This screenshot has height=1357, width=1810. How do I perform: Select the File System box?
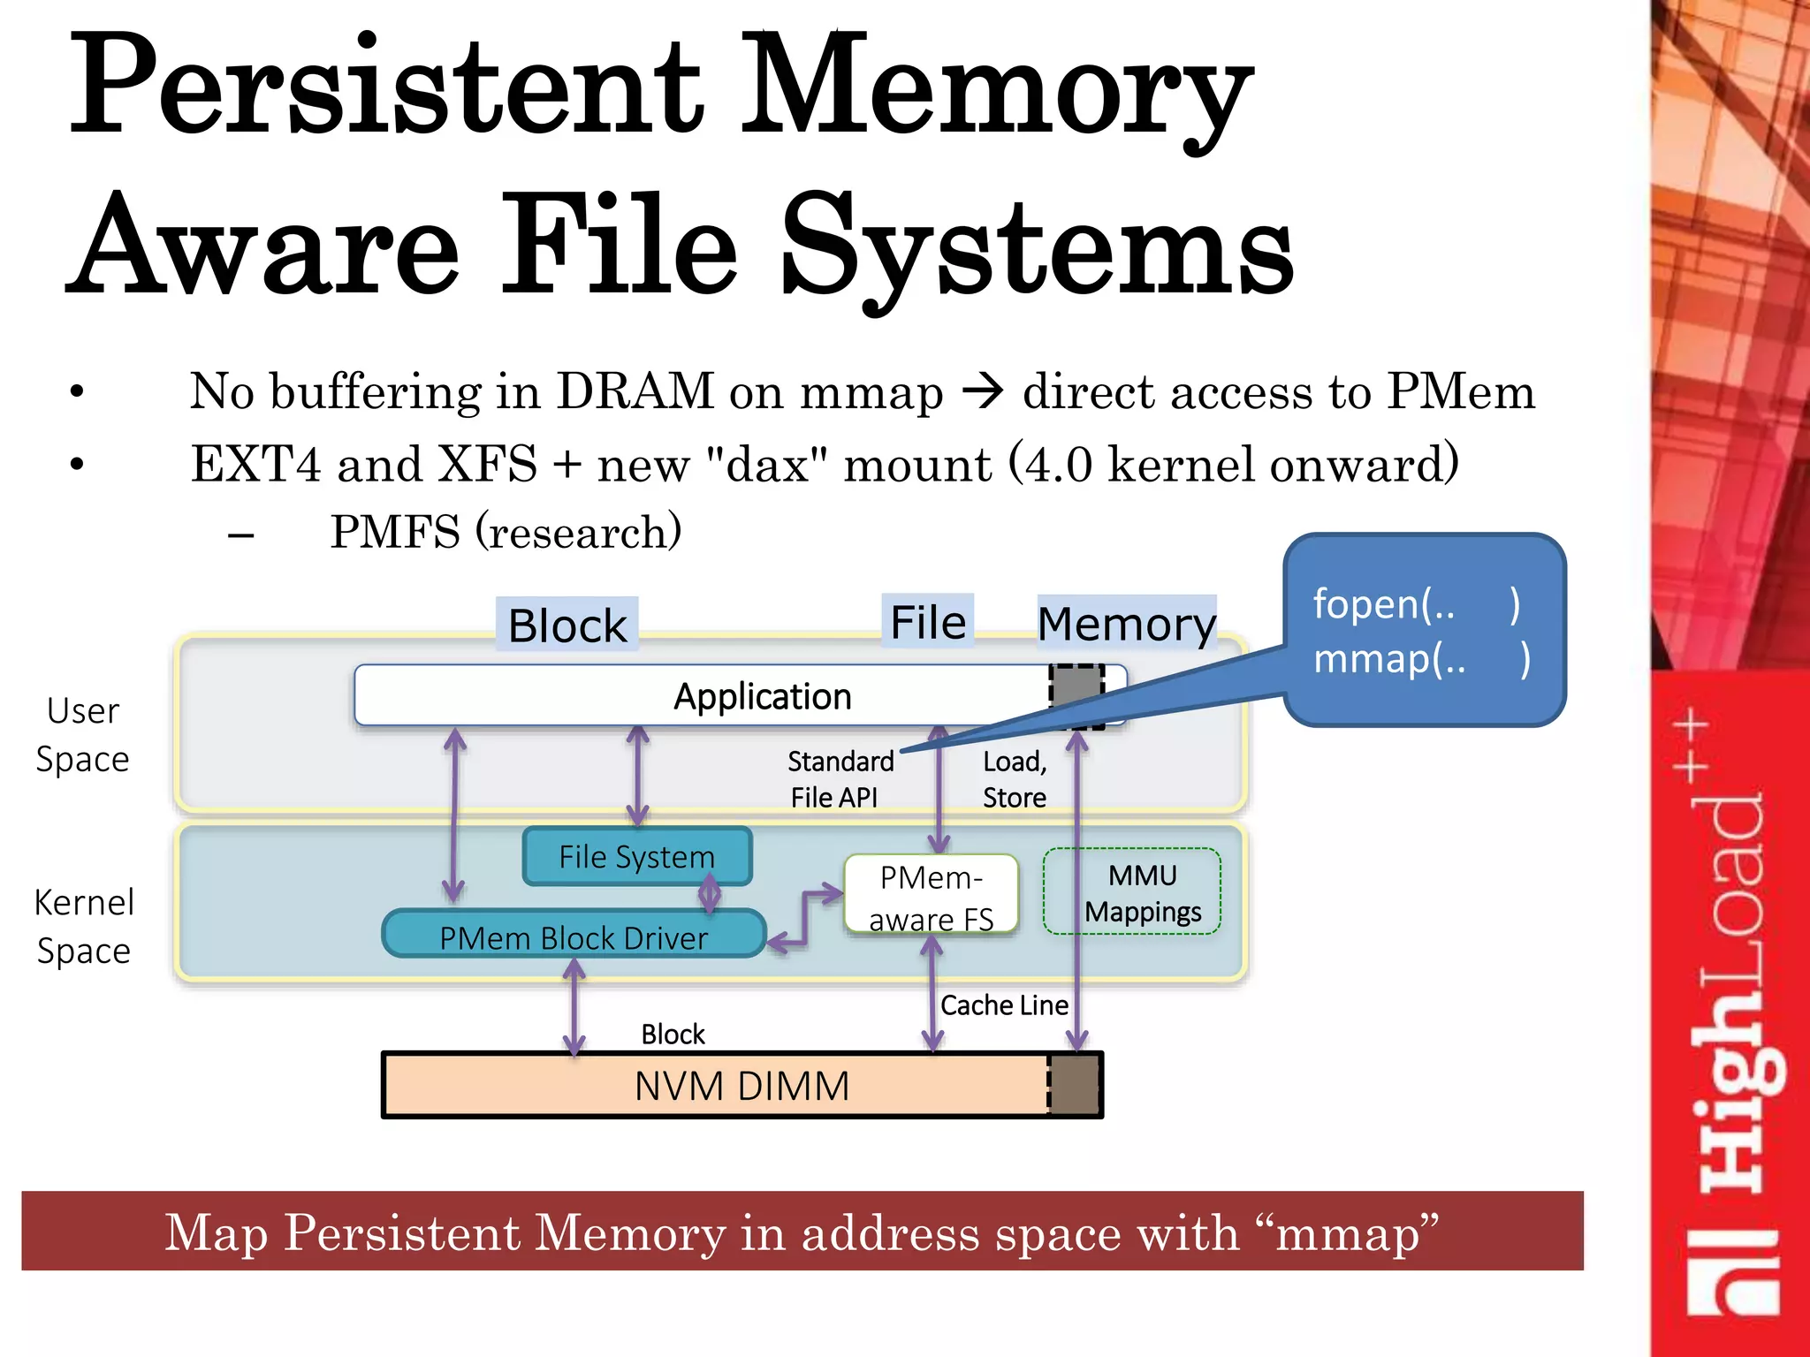point(636,856)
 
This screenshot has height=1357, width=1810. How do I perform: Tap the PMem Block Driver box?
point(573,936)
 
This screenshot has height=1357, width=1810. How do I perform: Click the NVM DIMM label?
point(741,1086)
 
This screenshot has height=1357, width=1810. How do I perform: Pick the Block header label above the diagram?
point(567,625)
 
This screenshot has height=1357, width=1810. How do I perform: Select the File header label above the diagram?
point(927,622)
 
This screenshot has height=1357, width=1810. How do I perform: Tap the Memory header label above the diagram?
point(1126,624)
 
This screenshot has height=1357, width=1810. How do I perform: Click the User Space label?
point(82,734)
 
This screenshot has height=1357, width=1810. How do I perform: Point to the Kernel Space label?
point(83,926)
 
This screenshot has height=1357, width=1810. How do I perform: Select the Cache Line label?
point(1003,1005)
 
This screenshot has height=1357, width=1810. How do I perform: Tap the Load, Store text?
point(1015,778)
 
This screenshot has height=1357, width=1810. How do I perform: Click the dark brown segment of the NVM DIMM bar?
point(1075,1086)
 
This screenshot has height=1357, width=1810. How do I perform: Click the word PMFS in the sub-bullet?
point(395,532)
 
